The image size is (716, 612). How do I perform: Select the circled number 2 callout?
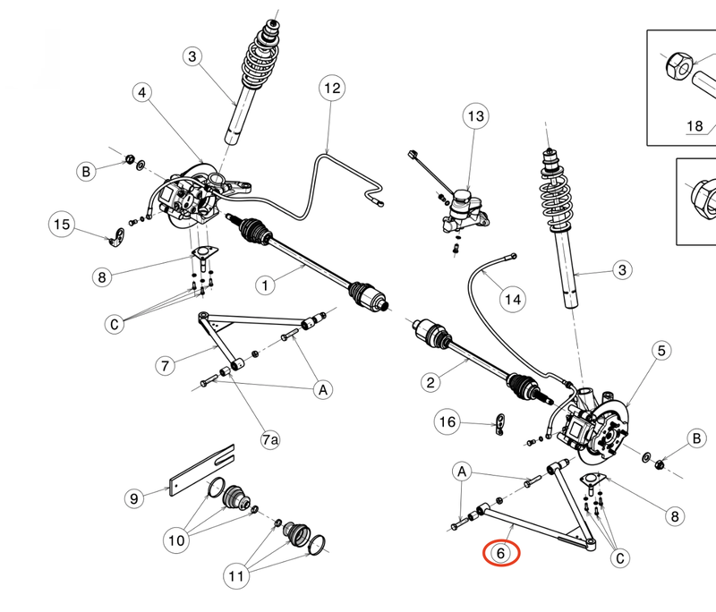click(x=430, y=383)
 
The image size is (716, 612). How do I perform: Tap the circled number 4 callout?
click(x=144, y=93)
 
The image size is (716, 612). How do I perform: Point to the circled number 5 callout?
click(x=661, y=352)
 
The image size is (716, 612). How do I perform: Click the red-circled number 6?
click(x=502, y=553)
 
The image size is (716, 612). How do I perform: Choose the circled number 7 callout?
click(x=165, y=366)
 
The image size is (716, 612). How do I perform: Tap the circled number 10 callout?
click(x=175, y=540)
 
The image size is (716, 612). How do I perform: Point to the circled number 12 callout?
click(x=332, y=89)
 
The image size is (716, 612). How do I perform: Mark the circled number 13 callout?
click(x=474, y=116)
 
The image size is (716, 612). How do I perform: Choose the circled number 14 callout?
click(x=511, y=301)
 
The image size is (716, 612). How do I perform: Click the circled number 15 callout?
click(x=61, y=225)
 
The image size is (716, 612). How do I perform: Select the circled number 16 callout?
click(x=447, y=421)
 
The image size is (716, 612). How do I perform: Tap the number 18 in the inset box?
click(x=695, y=126)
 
